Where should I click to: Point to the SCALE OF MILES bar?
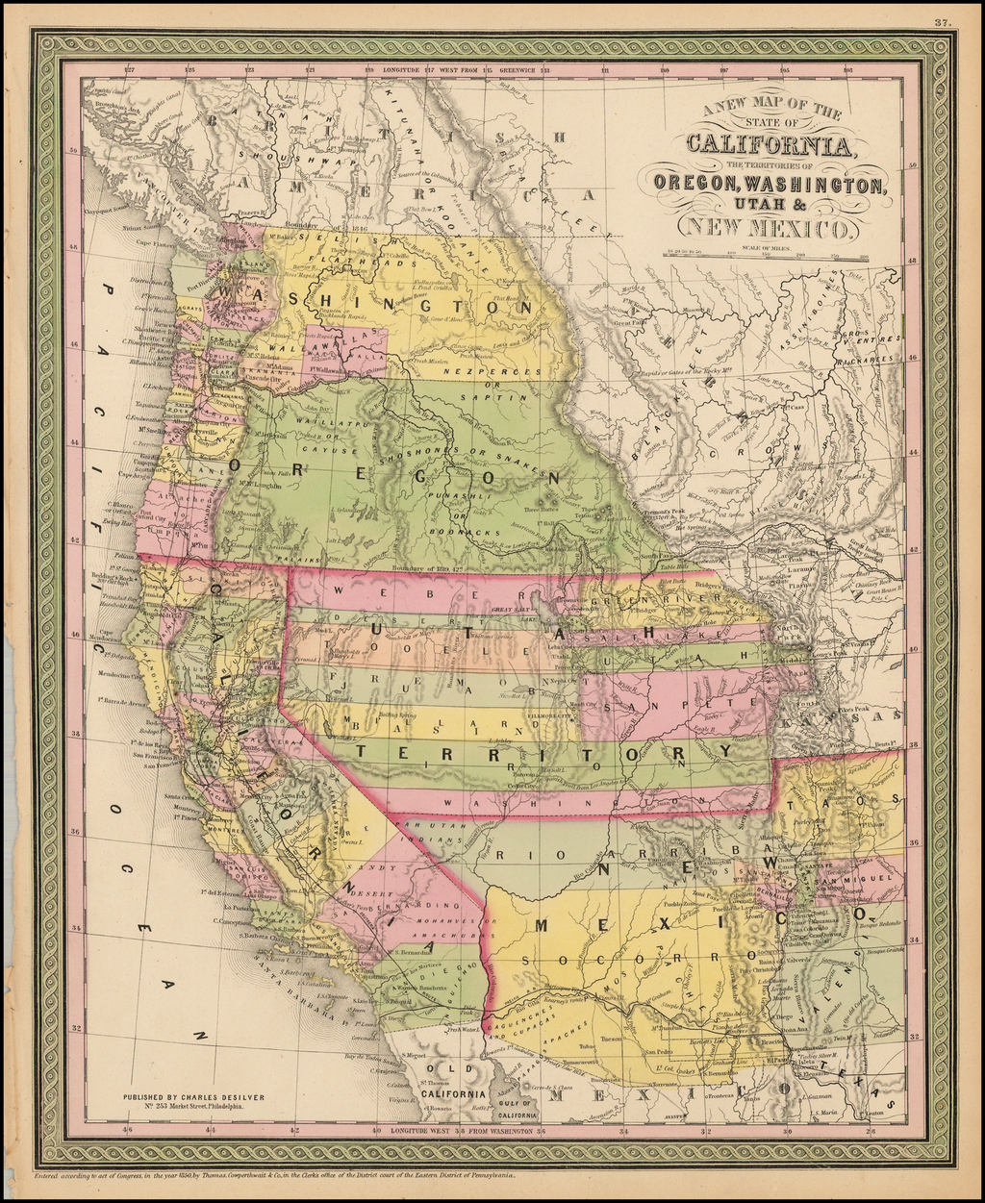[x=764, y=256]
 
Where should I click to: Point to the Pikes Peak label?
[x=853, y=709]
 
